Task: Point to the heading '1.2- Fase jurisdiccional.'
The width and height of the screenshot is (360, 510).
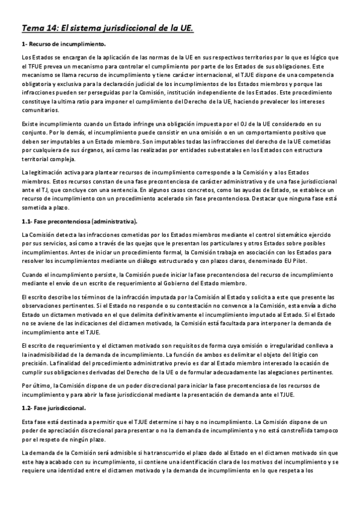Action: [x=53, y=408]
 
